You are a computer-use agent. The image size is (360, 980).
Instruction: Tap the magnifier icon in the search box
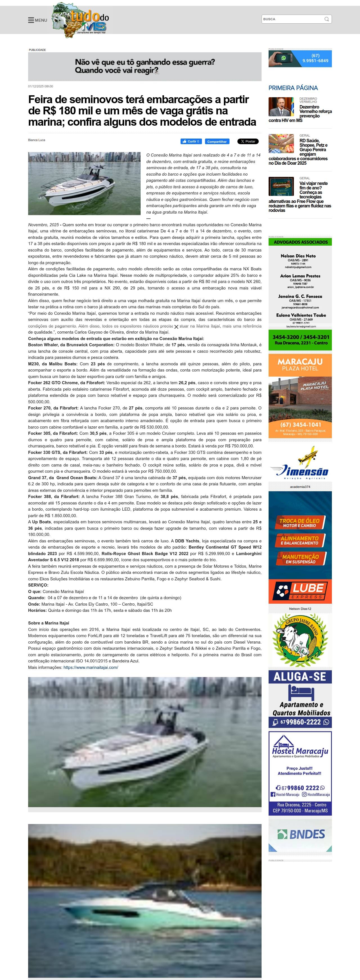tap(327, 19)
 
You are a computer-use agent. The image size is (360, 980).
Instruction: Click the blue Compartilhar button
tap(217, 142)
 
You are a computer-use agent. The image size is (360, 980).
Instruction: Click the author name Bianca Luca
tap(37, 140)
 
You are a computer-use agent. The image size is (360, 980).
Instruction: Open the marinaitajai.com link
tap(91, 667)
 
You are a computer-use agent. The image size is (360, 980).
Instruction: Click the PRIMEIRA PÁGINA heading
tap(293, 88)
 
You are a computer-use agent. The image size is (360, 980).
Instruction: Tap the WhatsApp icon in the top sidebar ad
tap(283, 58)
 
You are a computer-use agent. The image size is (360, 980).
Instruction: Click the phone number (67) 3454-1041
tap(300, 425)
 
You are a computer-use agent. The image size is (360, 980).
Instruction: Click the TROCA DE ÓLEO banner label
tap(300, 522)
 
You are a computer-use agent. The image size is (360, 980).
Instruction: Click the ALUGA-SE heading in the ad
tap(300, 676)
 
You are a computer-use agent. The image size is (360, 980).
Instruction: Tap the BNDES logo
tap(301, 834)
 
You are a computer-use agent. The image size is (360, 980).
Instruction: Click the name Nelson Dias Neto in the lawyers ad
tap(298, 256)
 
